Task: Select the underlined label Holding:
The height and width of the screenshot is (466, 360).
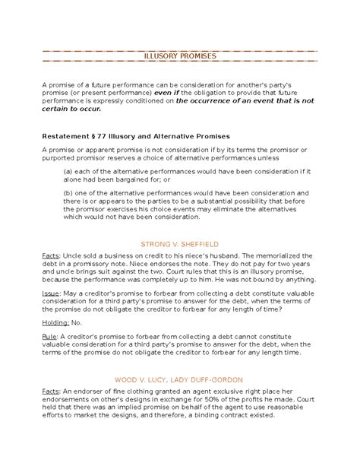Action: (57, 322)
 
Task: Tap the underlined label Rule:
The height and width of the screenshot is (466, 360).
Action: (52, 336)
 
